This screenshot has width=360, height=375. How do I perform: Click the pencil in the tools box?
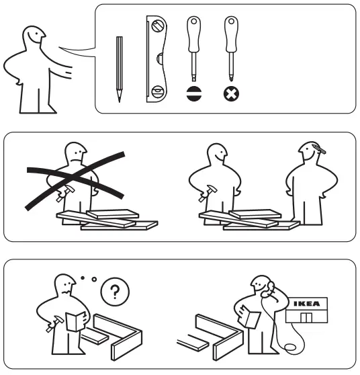tap(119, 68)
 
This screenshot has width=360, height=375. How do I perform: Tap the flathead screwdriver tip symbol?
tap(193, 94)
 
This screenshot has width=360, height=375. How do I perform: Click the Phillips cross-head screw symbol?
tap(230, 94)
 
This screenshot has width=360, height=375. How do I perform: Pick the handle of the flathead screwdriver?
tap(193, 30)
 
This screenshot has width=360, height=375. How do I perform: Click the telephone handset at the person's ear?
tap(267, 288)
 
